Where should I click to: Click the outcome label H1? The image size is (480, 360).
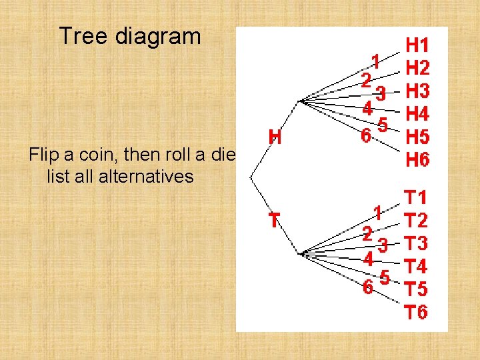tap(418, 45)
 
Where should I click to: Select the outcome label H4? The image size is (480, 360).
tap(418, 114)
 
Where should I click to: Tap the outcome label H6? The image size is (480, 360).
tap(418, 160)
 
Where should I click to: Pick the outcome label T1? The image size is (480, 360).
tap(418, 197)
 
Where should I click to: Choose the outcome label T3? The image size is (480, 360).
tap(418, 243)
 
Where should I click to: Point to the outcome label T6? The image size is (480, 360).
tap(418, 312)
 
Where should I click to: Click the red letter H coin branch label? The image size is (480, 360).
tap(275, 137)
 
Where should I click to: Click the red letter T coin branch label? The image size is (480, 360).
tap(274, 220)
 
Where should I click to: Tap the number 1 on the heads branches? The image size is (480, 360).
tap(376, 62)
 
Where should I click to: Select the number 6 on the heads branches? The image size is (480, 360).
tap(366, 135)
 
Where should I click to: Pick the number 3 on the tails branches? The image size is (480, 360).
tap(383, 246)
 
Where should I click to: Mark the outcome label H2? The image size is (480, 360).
tap(418, 68)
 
